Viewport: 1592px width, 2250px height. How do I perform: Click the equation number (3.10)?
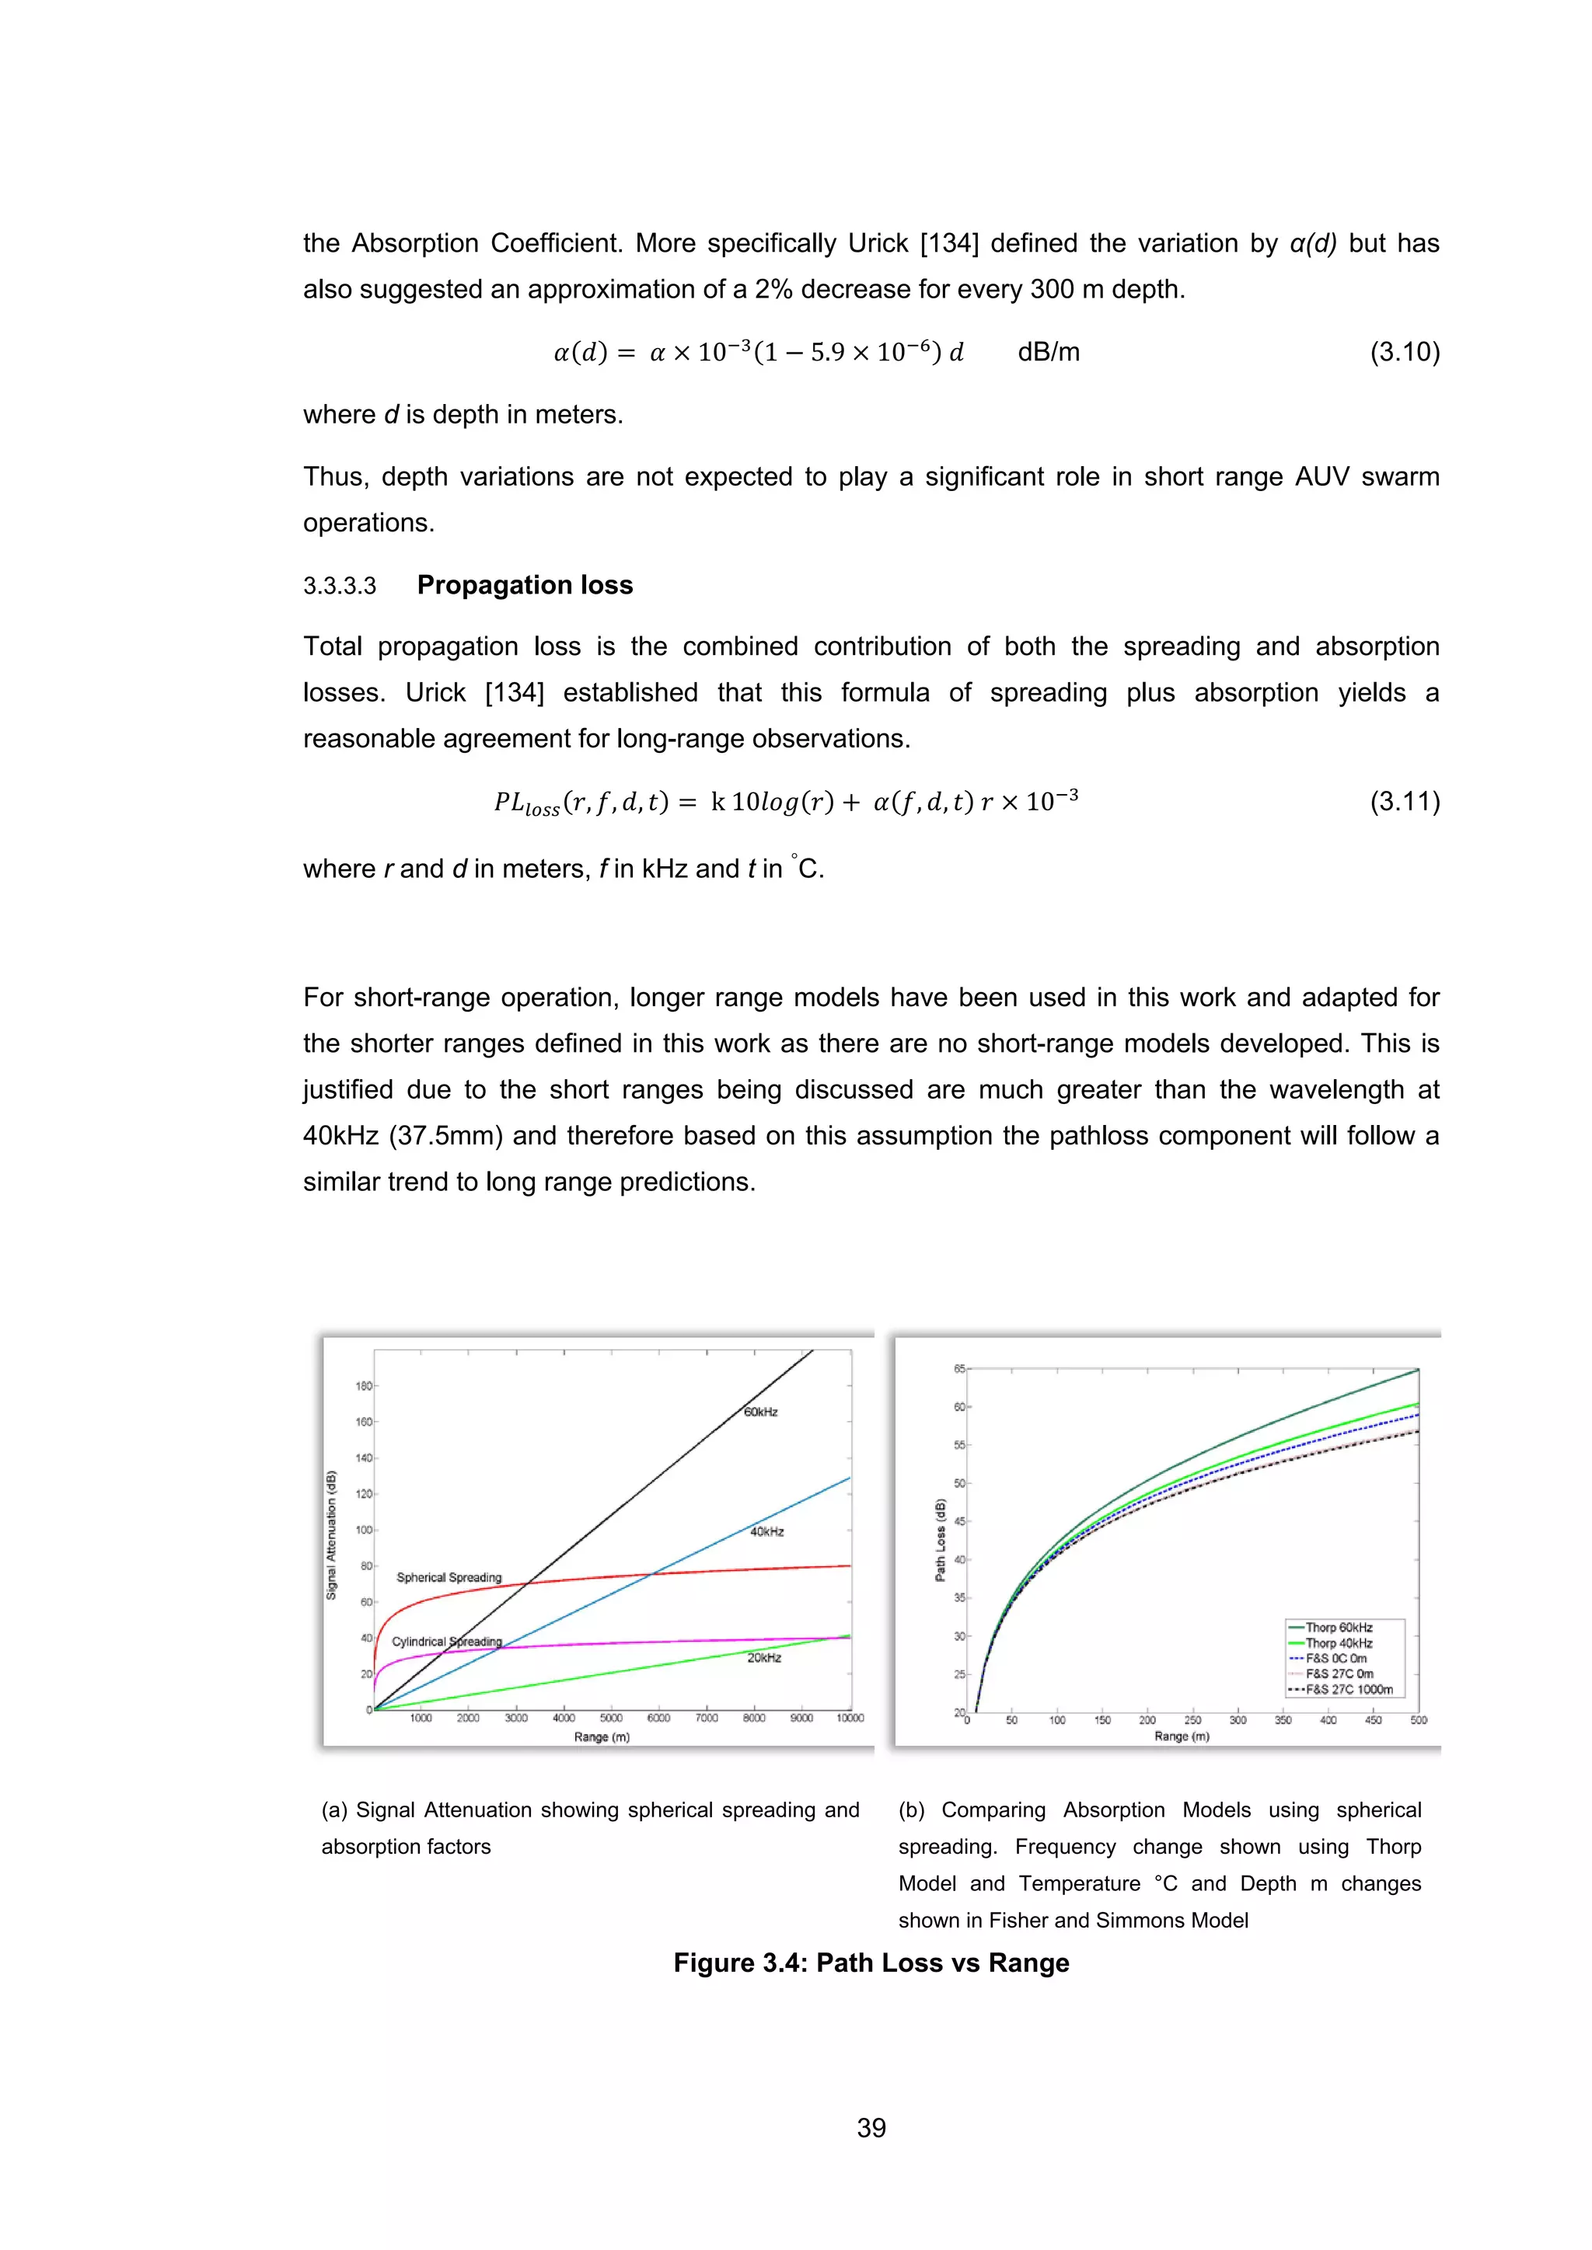[1404, 352]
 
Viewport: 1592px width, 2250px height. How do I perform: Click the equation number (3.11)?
[1404, 802]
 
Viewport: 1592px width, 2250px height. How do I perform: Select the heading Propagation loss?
[525, 585]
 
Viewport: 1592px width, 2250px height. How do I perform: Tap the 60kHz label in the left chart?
[761, 1412]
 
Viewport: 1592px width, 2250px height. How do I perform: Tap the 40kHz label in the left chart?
[766, 1531]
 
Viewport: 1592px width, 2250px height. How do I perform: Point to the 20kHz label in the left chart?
[763, 1658]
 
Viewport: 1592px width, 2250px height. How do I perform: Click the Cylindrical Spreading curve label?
[447, 1642]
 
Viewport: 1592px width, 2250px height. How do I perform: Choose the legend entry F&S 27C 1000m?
[1348, 1690]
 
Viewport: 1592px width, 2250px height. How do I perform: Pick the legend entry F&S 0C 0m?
[1335, 1659]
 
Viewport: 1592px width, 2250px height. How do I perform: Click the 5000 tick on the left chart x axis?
[611, 1718]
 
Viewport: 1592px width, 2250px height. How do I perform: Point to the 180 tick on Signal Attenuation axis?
[364, 1386]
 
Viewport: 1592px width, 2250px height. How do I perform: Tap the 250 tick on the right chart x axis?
[1192, 1720]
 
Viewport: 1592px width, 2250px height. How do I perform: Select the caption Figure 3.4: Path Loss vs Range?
[871, 1963]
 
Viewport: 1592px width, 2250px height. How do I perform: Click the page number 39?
[871, 2127]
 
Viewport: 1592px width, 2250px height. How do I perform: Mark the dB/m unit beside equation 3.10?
[1048, 352]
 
